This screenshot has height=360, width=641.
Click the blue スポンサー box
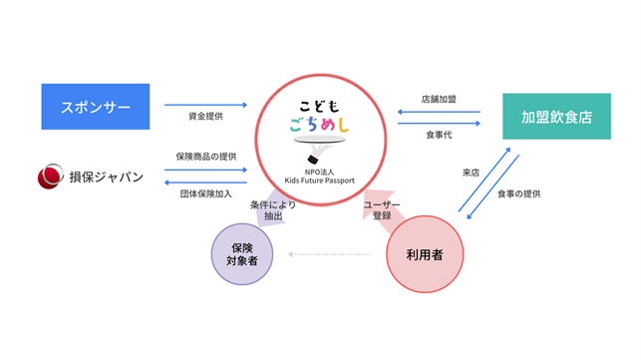[x=96, y=107]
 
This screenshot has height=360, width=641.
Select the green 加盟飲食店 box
[x=557, y=117]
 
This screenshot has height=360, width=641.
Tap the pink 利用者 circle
[x=425, y=254]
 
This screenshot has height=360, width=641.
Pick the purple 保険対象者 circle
[x=242, y=254]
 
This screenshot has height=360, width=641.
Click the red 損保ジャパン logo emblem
[x=51, y=177]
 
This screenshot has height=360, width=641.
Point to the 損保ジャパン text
[x=107, y=178]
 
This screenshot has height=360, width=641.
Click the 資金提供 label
[x=205, y=117]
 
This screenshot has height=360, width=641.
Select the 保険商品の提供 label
[x=206, y=157]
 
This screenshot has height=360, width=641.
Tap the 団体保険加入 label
[x=206, y=193]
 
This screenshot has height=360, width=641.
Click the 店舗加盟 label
[x=439, y=99]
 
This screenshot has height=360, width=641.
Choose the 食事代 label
[x=439, y=135]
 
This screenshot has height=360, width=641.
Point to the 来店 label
[x=471, y=173]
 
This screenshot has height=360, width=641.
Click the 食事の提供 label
[x=518, y=193]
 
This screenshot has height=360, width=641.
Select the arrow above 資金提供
[x=206, y=105]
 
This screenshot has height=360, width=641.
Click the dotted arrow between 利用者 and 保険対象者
[x=330, y=254]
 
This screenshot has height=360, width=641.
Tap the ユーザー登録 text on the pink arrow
[x=382, y=209]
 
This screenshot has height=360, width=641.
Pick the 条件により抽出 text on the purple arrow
[x=273, y=210]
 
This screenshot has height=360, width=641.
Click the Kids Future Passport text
[x=320, y=180]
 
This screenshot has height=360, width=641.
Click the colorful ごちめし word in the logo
[x=320, y=125]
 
